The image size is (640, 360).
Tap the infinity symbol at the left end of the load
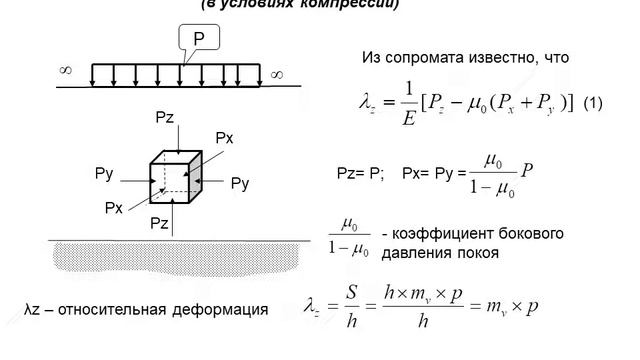[x=66, y=70]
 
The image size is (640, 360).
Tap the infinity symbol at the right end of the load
[x=276, y=73]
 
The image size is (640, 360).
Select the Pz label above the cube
[x=166, y=118]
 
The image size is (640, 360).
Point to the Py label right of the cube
[x=240, y=183]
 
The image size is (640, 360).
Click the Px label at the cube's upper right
[x=224, y=137]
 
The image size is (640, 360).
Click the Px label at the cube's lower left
[x=113, y=207]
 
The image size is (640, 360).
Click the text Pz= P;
[x=360, y=172]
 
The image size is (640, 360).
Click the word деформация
[x=224, y=308]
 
